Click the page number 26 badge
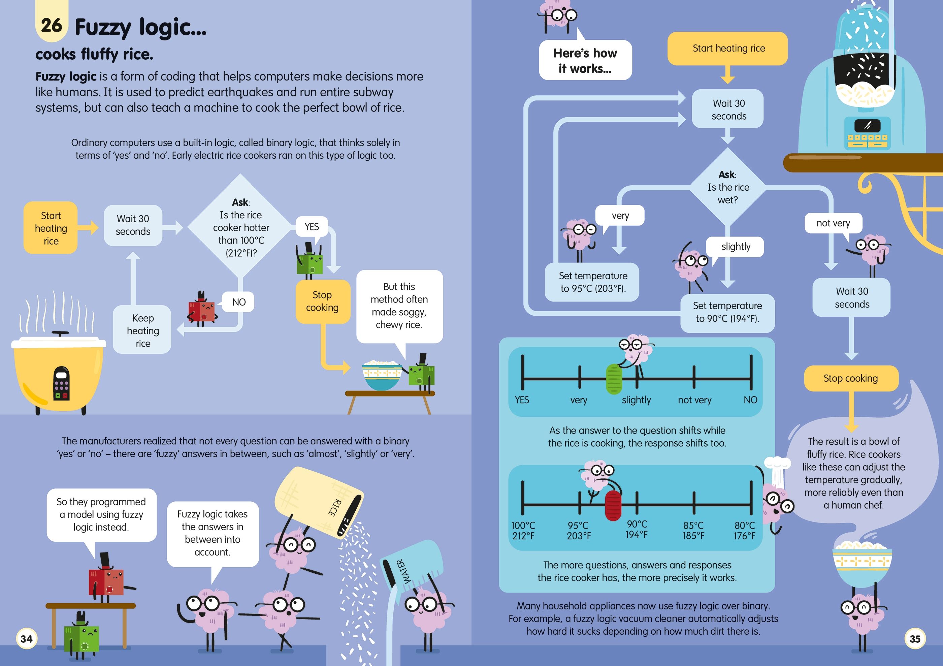point(51,25)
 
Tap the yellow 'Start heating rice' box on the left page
point(51,228)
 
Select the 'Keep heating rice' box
point(142,330)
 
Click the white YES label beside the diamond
point(312,226)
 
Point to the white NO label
point(239,302)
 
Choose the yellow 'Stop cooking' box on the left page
point(322,301)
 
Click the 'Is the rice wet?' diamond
point(727,187)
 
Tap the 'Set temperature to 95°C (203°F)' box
point(593,282)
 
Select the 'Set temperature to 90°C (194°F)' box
point(727,312)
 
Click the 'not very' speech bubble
point(833,223)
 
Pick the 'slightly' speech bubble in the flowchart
point(735,247)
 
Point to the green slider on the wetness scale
point(614,378)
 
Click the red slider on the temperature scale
point(613,505)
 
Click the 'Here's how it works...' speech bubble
point(585,60)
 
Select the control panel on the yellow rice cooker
point(62,383)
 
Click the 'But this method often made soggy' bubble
point(399,306)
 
